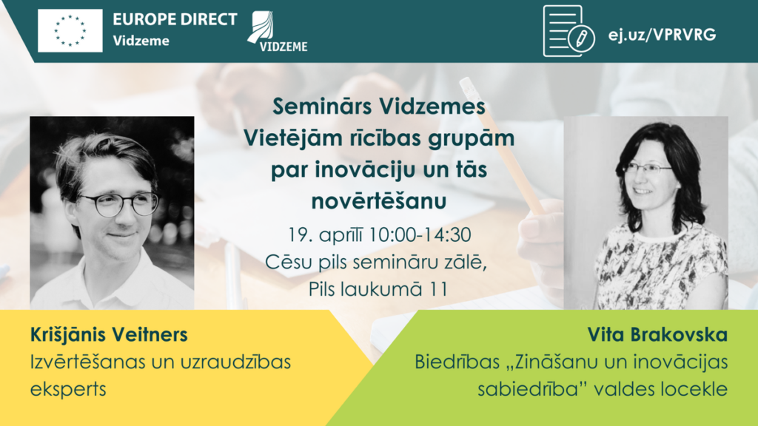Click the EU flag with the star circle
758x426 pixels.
tap(70, 30)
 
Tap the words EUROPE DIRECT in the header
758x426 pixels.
tap(175, 19)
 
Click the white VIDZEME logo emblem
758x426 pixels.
tap(277, 31)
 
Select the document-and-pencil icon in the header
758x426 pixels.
tap(568, 31)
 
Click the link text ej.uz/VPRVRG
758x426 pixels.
tap(662, 34)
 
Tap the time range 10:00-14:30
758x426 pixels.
tap(420, 235)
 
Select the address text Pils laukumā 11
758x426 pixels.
tap(378, 289)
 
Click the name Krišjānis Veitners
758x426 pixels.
tap(109, 334)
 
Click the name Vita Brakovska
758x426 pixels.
tap(657, 334)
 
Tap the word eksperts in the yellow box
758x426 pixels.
tap(68, 389)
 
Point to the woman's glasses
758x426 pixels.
tap(645, 169)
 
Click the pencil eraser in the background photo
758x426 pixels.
tap(467, 89)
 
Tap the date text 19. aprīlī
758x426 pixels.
tap(325, 235)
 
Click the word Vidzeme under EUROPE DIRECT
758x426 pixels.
tap(141, 41)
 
